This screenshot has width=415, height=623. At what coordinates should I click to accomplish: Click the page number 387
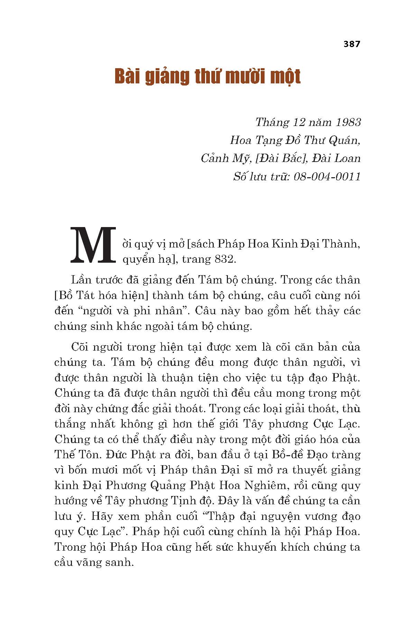(352, 44)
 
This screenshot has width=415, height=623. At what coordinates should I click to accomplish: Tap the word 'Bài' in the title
(129, 77)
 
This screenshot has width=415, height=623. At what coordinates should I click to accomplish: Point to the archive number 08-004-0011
(327, 177)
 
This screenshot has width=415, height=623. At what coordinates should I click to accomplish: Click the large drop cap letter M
(93, 245)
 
